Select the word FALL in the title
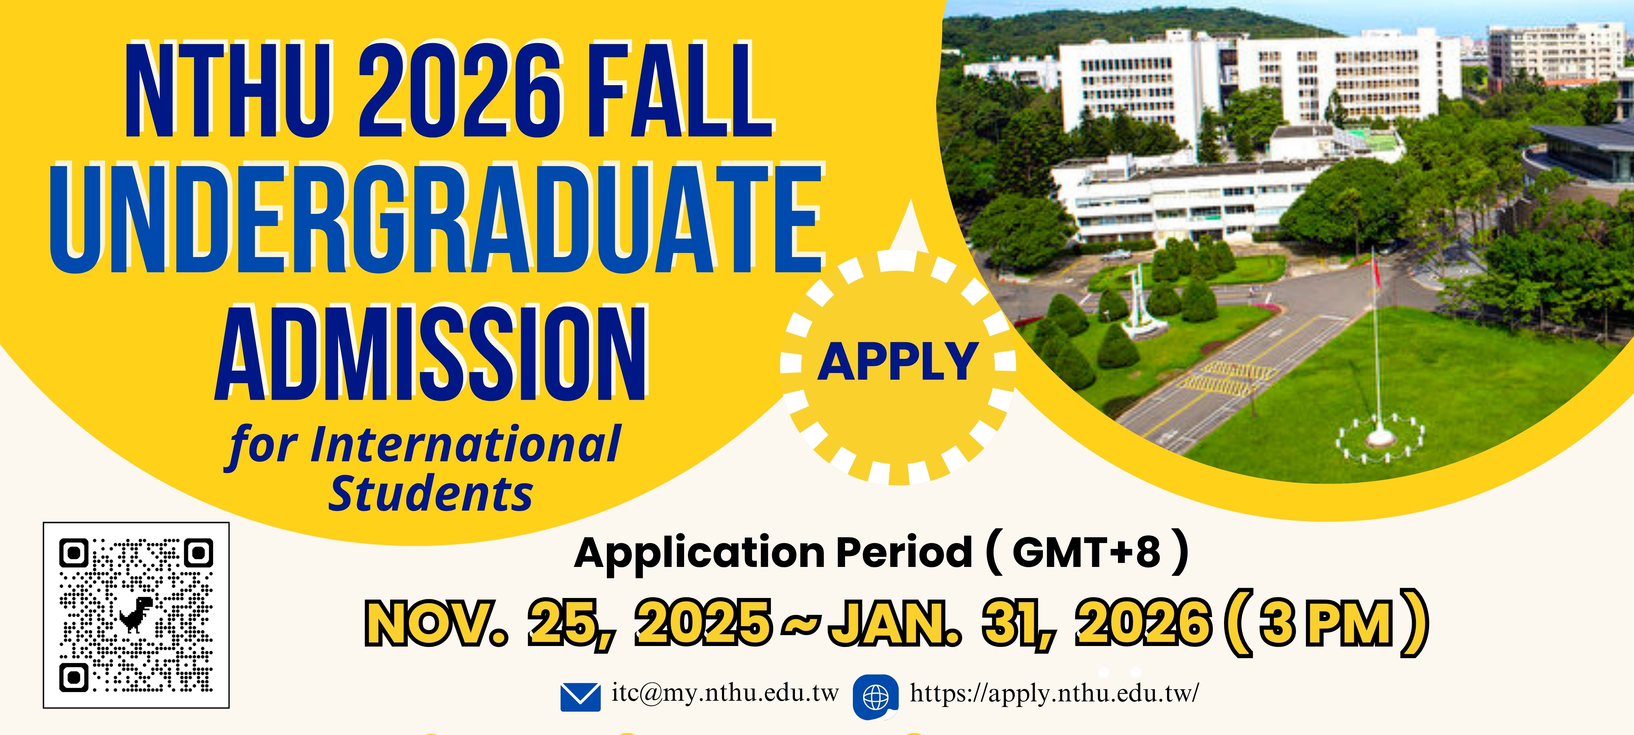[x=679, y=90]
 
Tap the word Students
[x=430, y=494]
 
